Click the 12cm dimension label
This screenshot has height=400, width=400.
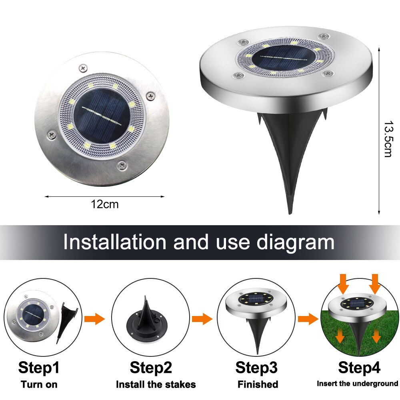[104, 204]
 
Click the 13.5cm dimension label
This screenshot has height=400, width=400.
[389, 139]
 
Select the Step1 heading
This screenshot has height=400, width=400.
[39, 368]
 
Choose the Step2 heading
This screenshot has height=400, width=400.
[151, 368]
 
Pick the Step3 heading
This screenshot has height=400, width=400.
[256, 368]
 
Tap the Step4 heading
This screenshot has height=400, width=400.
[359, 368]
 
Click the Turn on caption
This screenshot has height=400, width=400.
[39, 384]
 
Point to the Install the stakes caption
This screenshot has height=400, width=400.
[156, 384]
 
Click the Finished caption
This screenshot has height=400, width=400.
[258, 384]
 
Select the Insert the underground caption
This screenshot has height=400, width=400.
[357, 384]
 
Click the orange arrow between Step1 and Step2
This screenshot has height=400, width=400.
[95, 319]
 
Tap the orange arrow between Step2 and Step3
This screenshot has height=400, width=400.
[202, 319]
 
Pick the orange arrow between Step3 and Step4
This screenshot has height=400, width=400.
[308, 319]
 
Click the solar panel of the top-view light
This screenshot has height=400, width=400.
[102, 116]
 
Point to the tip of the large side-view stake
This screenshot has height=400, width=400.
[290, 214]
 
